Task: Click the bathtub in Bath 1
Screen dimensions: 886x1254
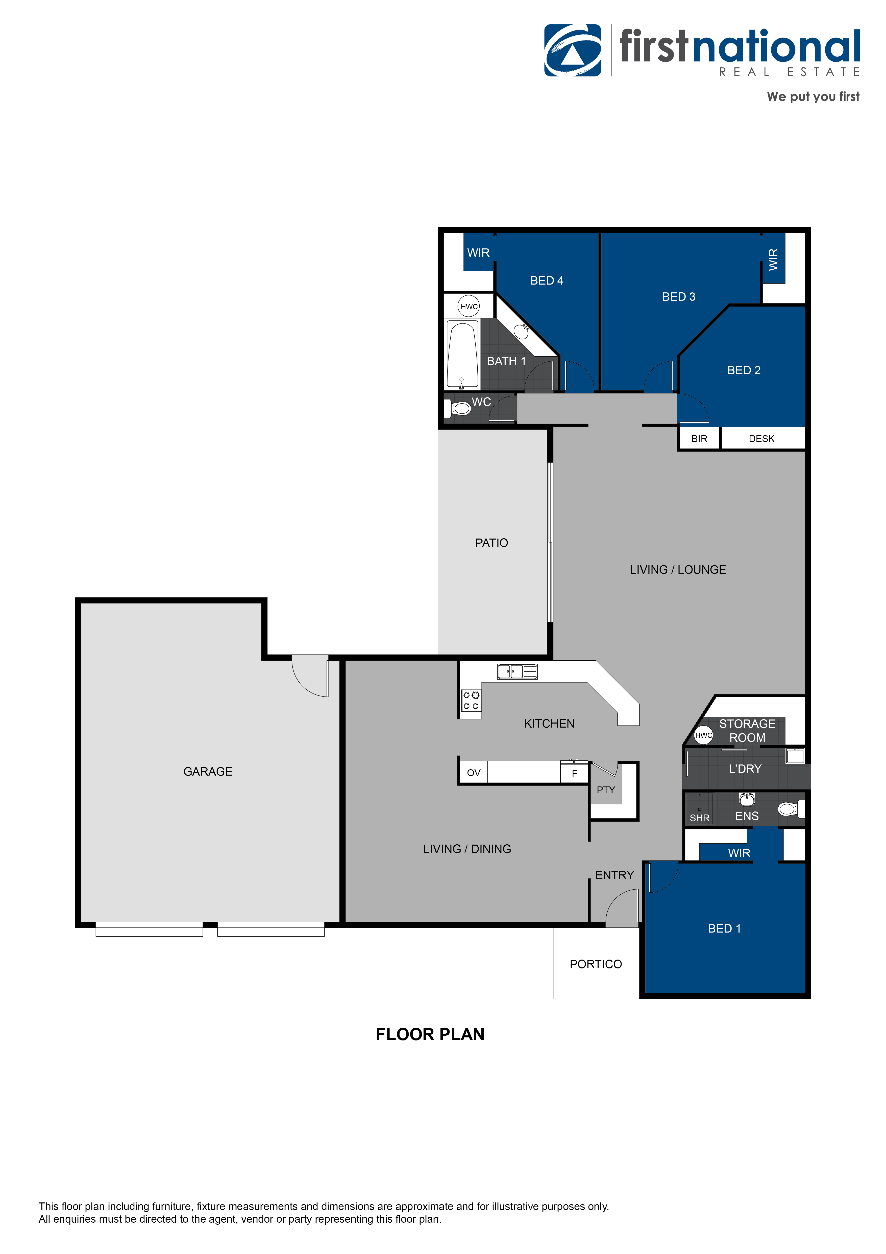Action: pos(462,355)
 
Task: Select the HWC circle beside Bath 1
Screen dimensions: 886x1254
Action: pos(469,306)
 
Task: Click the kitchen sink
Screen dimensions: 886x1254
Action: pos(517,671)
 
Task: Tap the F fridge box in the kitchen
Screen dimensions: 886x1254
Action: pos(574,773)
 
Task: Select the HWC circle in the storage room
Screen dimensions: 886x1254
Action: pos(704,735)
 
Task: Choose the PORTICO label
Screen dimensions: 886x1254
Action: pos(596,964)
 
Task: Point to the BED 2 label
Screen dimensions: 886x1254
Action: pos(744,370)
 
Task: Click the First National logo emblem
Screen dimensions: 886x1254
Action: pos(573,50)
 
